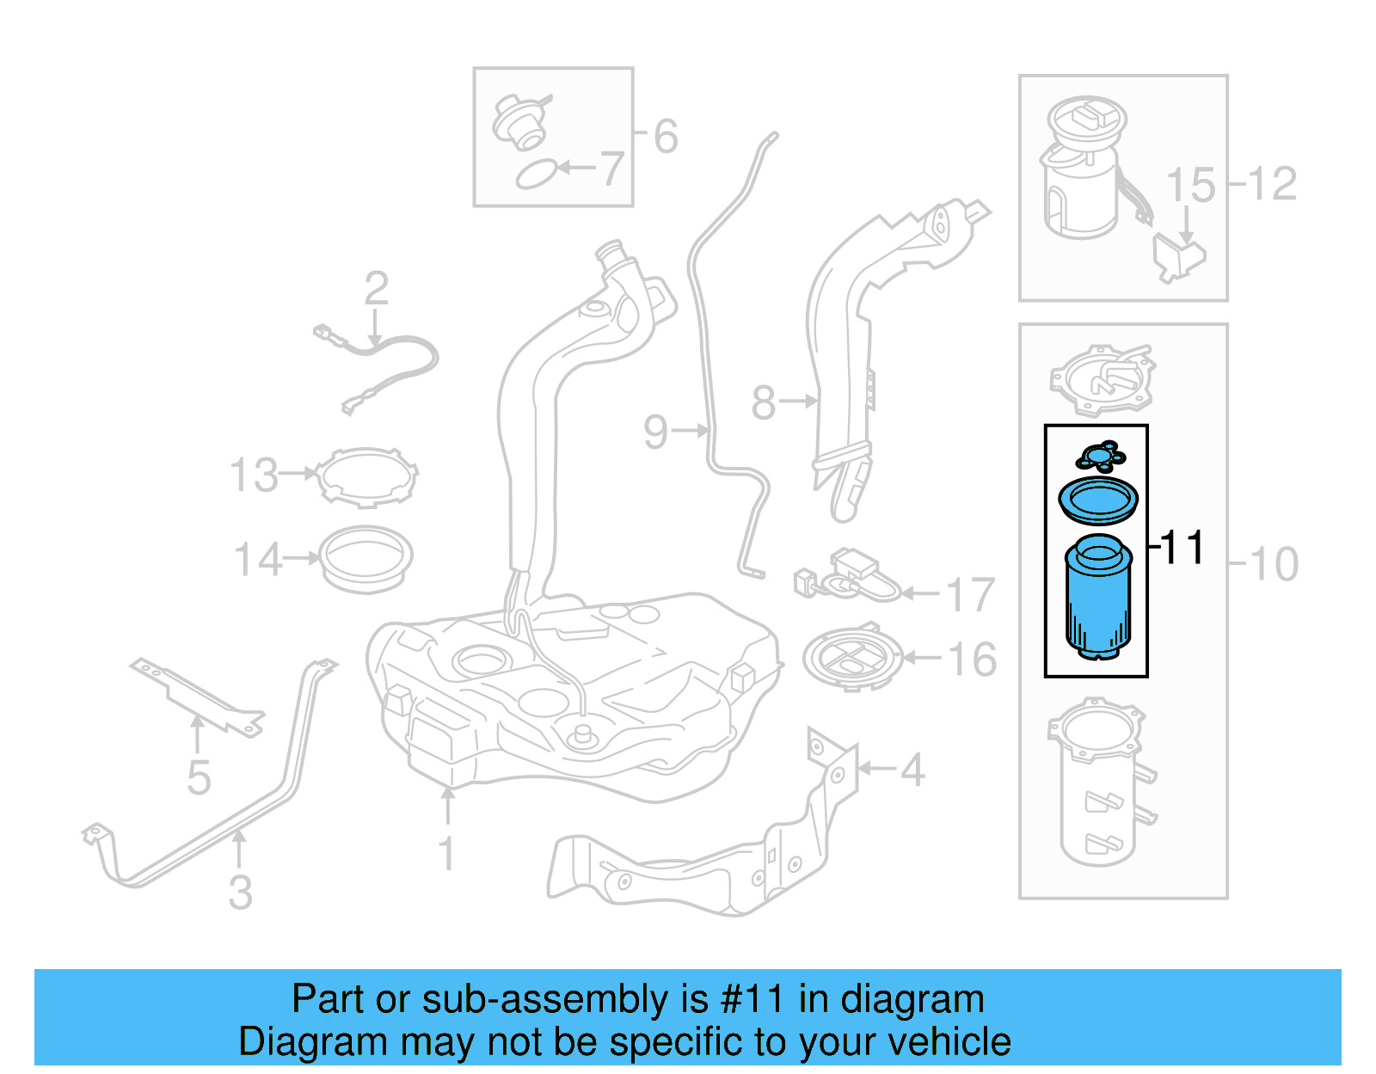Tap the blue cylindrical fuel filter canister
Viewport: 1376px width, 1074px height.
tap(1098, 602)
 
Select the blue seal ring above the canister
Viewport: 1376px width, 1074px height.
tap(1097, 500)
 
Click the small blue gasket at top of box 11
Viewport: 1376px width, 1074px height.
tap(1100, 456)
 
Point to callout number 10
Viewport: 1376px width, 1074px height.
tap(1274, 565)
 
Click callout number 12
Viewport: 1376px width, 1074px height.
tap(1273, 184)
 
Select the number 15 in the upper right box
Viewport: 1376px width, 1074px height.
tap(1190, 186)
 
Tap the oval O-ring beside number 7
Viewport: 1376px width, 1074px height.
tap(535, 175)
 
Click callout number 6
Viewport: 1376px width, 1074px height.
tap(666, 136)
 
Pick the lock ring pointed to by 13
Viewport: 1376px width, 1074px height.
tap(366, 476)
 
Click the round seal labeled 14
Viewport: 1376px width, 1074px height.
tap(366, 558)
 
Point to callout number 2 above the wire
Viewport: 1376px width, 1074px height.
tap(376, 288)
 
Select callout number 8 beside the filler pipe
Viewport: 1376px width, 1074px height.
tap(763, 402)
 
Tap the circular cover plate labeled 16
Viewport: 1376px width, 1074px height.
tap(852, 659)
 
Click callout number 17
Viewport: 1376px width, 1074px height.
tap(970, 594)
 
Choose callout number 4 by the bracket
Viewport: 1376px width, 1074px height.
tap(912, 770)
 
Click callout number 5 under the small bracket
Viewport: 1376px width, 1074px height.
tap(199, 777)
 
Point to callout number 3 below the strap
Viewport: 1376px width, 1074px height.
tap(241, 892)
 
